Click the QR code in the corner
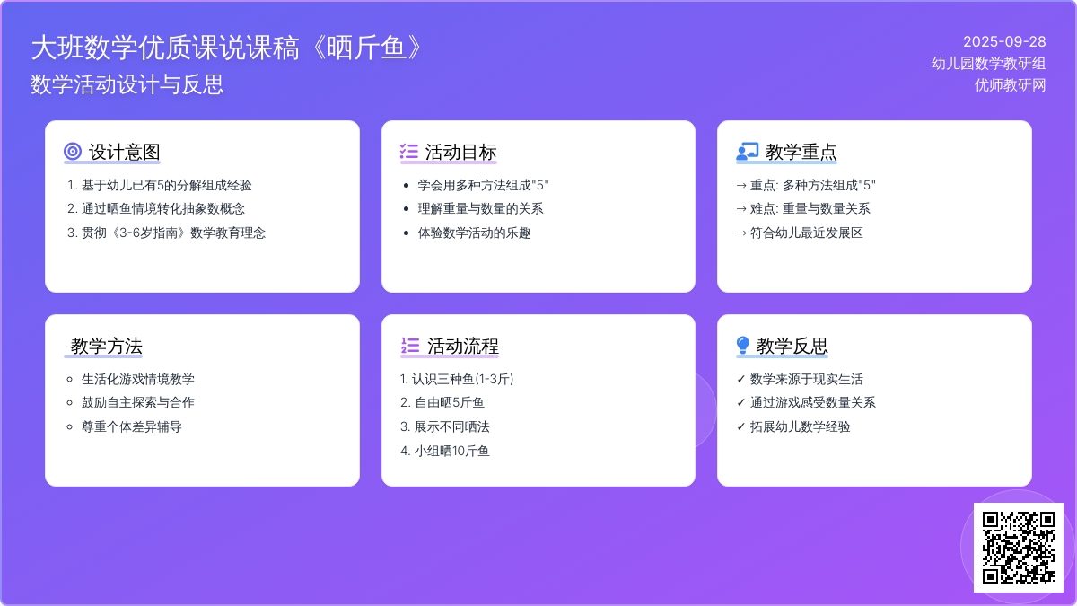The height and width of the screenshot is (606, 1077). (1019, 548)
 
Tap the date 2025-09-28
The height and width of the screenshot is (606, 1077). (1004, 42)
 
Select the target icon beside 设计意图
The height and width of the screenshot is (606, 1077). (73, 152)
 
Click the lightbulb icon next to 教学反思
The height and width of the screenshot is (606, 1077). (743, 345)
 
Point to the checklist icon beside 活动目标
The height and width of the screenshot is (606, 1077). (409, 152)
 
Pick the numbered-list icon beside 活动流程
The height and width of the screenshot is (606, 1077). (410, 346)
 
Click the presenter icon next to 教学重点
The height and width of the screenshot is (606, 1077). (747, 151)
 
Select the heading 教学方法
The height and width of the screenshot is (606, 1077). (106, 346)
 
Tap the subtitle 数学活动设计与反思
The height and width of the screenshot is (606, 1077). (127, 84)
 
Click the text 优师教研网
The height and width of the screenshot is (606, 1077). (1010, 85)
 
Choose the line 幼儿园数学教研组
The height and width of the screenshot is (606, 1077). (988, 64)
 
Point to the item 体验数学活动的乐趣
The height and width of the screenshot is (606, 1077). (474, 233)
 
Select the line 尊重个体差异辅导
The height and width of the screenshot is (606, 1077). (132, 426)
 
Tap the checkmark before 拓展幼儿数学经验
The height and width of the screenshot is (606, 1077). (741, 426)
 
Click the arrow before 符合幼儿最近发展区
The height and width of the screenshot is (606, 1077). (741, 233)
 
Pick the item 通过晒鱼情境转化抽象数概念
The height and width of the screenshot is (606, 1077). (163, 208)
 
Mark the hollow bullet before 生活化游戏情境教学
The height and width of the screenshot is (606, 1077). (70, 380)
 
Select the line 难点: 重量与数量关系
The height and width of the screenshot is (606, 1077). (810, 208)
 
